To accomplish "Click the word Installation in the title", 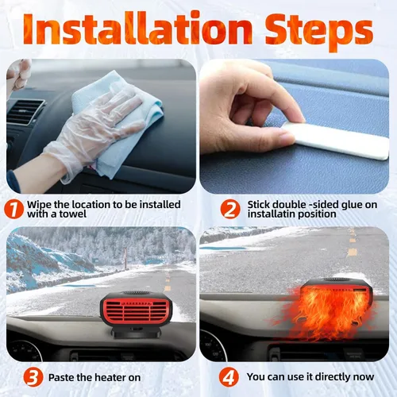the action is (137, 29).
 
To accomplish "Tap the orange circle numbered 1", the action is (13, 209).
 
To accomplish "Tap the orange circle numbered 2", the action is (230, 209).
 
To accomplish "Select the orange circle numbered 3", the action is (33, 377).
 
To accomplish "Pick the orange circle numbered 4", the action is (229, 377).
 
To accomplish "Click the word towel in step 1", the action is (73, 214).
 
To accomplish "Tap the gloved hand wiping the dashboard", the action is (95, 133).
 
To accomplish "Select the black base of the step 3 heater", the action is (137, 333).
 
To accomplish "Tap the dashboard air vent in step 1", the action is (25, 113).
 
